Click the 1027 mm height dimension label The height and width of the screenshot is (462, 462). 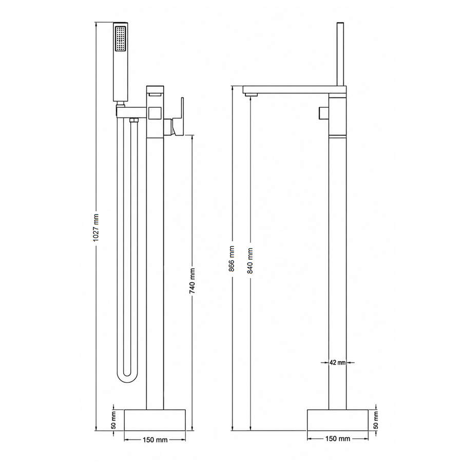coord(97,228)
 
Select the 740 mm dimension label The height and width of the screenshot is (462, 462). coord(192,281)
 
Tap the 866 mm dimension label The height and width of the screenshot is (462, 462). coord(232,258)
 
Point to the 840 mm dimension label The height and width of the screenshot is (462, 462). coord(250,261)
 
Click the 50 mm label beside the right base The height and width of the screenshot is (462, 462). coord(376,420)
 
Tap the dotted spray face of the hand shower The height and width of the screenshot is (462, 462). coord(121,39)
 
